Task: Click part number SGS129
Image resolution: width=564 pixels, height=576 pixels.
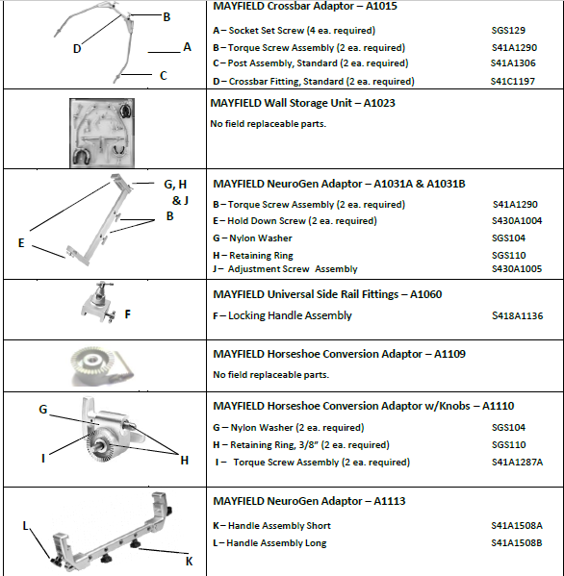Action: click(508, 31)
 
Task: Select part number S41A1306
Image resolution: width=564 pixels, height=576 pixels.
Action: click(513, 63)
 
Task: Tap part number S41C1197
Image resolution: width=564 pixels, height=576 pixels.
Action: click(513, 81)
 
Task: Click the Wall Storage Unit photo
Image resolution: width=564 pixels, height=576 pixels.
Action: click(102, 133)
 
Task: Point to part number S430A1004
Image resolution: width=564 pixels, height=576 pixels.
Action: click(517, 221)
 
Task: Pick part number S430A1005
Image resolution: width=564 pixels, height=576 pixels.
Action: click(517, 269)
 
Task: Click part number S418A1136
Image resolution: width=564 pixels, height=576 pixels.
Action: click(517, 315)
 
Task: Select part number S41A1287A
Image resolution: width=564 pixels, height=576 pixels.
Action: click(517, 463)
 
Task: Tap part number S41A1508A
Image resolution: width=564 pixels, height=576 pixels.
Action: click(517, 526)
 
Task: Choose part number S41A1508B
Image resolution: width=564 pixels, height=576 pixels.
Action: click(517, 543)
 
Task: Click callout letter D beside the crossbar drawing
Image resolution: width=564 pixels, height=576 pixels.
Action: click(77, 48)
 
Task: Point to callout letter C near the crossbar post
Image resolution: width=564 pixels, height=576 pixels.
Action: click(164, 76)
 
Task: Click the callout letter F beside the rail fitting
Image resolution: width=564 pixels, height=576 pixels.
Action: click(128, 314)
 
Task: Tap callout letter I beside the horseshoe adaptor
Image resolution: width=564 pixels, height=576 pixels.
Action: click(43, 459)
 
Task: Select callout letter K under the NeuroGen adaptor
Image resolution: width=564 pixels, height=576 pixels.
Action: click(189, 562)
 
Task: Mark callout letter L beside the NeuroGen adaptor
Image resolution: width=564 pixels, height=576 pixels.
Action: click(25, 526)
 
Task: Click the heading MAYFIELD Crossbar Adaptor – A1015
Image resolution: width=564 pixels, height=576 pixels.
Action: click(305, 6)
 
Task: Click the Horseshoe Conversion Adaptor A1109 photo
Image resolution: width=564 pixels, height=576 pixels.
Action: click(102, 366)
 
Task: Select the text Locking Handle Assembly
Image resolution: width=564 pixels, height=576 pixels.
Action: click(290, 315)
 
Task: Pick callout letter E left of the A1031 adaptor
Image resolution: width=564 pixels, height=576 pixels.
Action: click(21, 243)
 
